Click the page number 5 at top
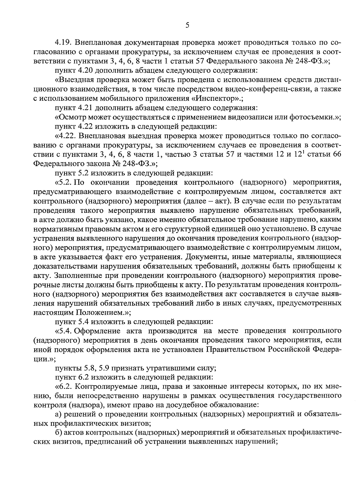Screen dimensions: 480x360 187,25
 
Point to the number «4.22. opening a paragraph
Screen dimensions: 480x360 65,136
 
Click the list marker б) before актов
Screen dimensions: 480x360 58,434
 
